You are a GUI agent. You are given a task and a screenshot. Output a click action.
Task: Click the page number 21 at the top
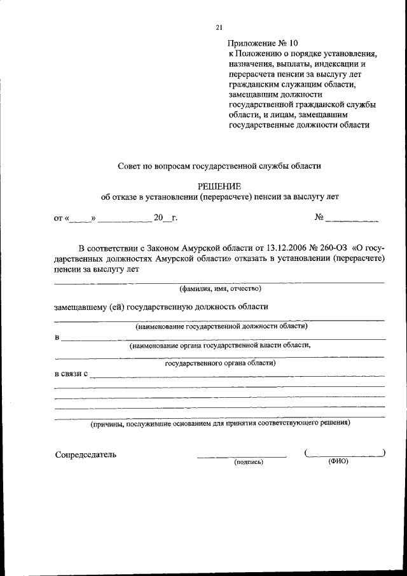[219, 27]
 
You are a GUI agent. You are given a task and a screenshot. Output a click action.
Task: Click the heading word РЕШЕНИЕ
[219, 186]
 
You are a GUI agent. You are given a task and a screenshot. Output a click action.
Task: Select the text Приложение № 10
[262, 43]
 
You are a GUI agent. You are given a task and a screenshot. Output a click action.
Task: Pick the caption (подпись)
[249, 461]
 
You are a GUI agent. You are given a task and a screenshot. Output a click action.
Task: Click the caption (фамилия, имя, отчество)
[219, 288]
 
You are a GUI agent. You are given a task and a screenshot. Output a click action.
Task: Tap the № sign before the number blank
[319, 217]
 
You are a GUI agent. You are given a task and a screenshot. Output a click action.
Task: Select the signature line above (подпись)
[242, 456]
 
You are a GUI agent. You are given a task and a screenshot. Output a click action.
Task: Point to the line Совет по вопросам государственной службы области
[219, 165]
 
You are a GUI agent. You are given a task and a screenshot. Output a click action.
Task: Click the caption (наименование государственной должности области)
[221, 326]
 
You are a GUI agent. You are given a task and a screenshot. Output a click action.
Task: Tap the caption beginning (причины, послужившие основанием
[219, 422]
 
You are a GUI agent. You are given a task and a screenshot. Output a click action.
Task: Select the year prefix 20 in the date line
[158, 218]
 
